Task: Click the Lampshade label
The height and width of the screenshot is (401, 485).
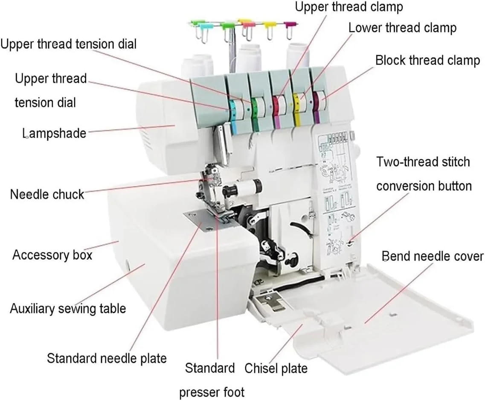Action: [54, 133]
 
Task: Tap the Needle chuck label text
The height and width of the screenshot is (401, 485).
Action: [47, 194]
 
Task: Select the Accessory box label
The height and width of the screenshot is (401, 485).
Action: [52, 255]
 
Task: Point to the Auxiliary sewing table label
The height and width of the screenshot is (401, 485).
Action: [68, 308]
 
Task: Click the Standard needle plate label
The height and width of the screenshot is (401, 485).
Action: [106, 358]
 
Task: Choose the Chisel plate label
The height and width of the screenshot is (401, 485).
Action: [276, 368]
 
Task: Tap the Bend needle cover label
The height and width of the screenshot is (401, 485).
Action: [433, 256]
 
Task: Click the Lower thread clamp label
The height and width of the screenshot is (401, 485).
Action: [402, 28]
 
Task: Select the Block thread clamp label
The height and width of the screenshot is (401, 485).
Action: [427, 60]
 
